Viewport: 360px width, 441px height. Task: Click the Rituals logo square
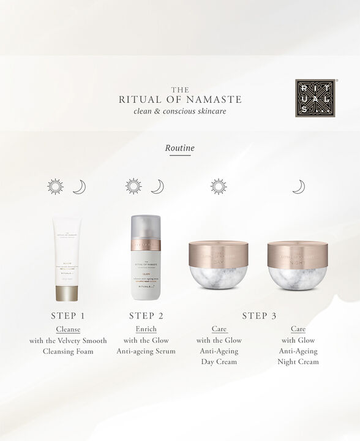pos(315,97)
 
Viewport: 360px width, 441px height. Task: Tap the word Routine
pos(179,148)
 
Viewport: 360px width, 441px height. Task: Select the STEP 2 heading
pos(146,316)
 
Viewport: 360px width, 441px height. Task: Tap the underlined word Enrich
pos(146,330)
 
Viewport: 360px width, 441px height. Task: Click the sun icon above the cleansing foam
pos(56,187)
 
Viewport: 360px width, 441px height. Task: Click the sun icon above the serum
pos(133,187)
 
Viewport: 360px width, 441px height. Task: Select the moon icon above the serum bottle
pos(157,187)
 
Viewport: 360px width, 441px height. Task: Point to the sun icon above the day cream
pos(218,187)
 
